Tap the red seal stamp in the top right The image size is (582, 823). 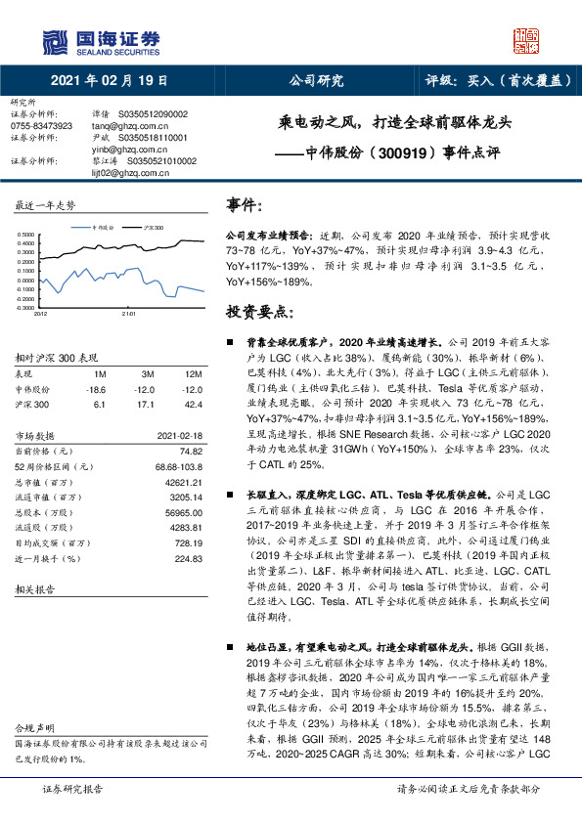[x=528, y=39]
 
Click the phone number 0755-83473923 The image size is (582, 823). [x=42, y=126]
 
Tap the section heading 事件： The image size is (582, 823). [x=245, y=205]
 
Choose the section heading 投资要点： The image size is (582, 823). [x=258, y=312]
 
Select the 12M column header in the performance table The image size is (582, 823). [x=193, y=374]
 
